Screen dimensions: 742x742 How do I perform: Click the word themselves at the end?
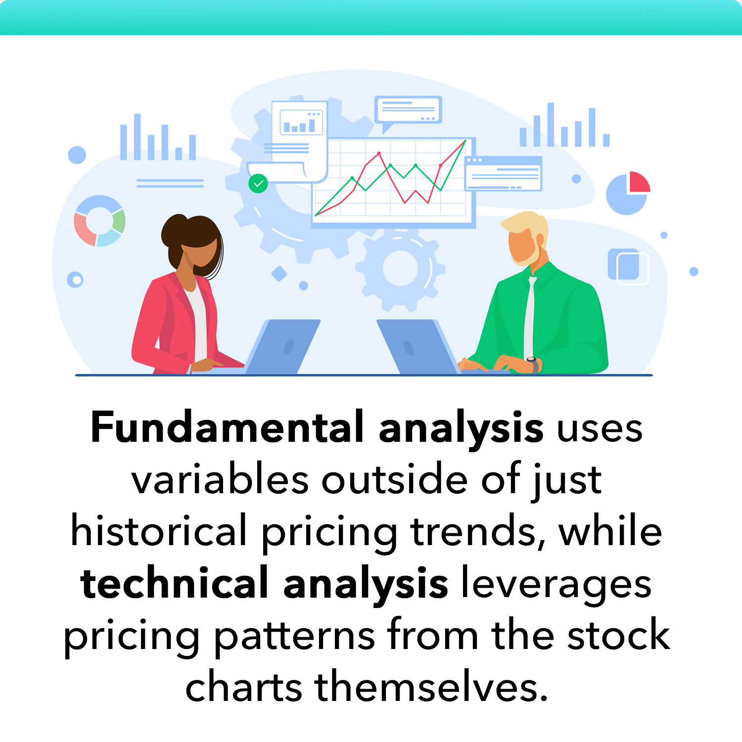430,688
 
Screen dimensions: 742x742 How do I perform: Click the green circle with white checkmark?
258,184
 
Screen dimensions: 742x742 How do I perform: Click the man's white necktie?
530,317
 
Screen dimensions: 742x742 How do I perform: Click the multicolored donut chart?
99,221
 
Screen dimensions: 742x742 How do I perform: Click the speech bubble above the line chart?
408,110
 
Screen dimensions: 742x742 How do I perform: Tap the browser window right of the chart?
504,173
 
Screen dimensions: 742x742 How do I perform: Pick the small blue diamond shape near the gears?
279,274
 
